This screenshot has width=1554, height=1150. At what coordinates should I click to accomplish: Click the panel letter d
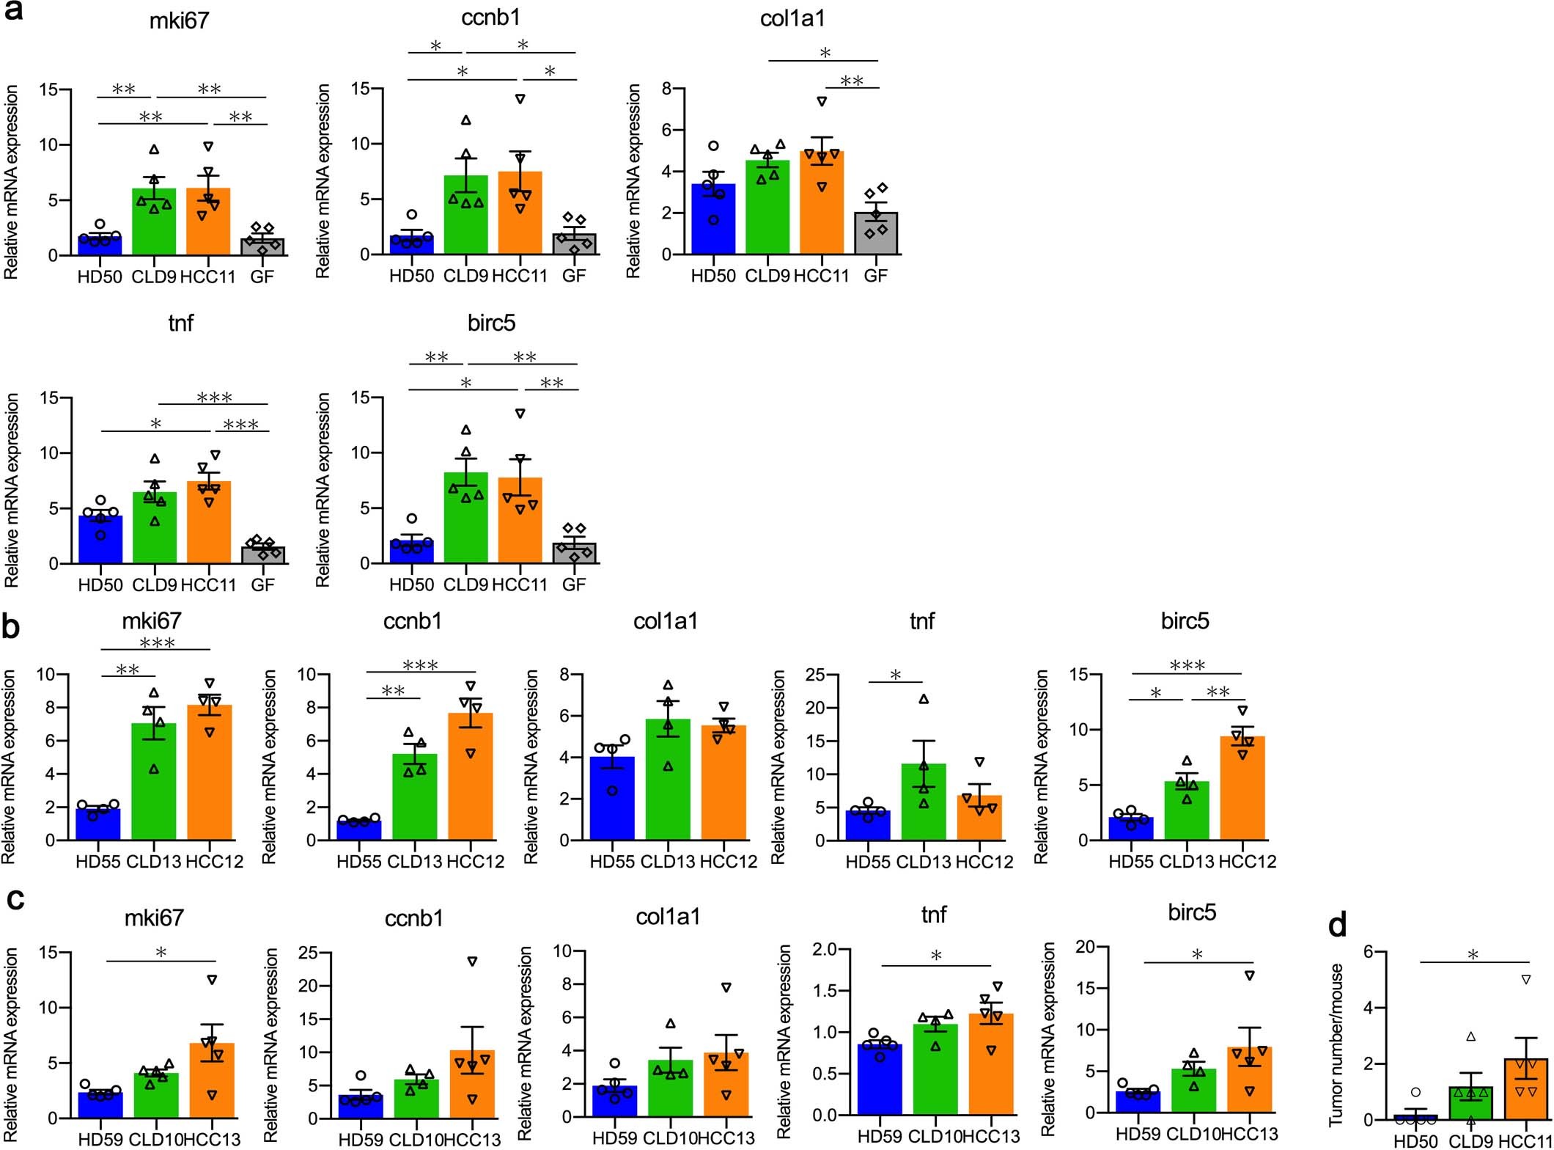click(1337, 926)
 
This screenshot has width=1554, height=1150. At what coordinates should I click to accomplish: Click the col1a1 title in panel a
click(792, 18)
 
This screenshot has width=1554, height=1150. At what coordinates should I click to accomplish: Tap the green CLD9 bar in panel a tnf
click(155, 528)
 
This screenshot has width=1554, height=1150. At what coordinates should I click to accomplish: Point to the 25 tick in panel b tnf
click(815, 674)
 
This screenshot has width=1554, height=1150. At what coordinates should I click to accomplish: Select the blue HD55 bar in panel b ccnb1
click(358, 830)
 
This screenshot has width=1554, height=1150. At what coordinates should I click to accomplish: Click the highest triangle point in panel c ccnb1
click(473, 961)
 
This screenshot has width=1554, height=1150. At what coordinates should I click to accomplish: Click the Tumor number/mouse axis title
click(1336, 1045)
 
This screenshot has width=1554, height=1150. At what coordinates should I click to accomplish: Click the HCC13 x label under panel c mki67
click(212, 1139)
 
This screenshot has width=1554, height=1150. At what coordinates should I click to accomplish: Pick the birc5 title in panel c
click(1192, 912)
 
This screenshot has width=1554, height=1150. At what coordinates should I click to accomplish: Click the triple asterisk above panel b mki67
click(157, 642)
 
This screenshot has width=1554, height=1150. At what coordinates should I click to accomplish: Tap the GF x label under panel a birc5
click(574, 585)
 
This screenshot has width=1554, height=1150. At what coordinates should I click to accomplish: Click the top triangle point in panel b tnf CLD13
click(924, 699)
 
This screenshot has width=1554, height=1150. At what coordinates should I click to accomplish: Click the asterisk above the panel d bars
click(1473, 955)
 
